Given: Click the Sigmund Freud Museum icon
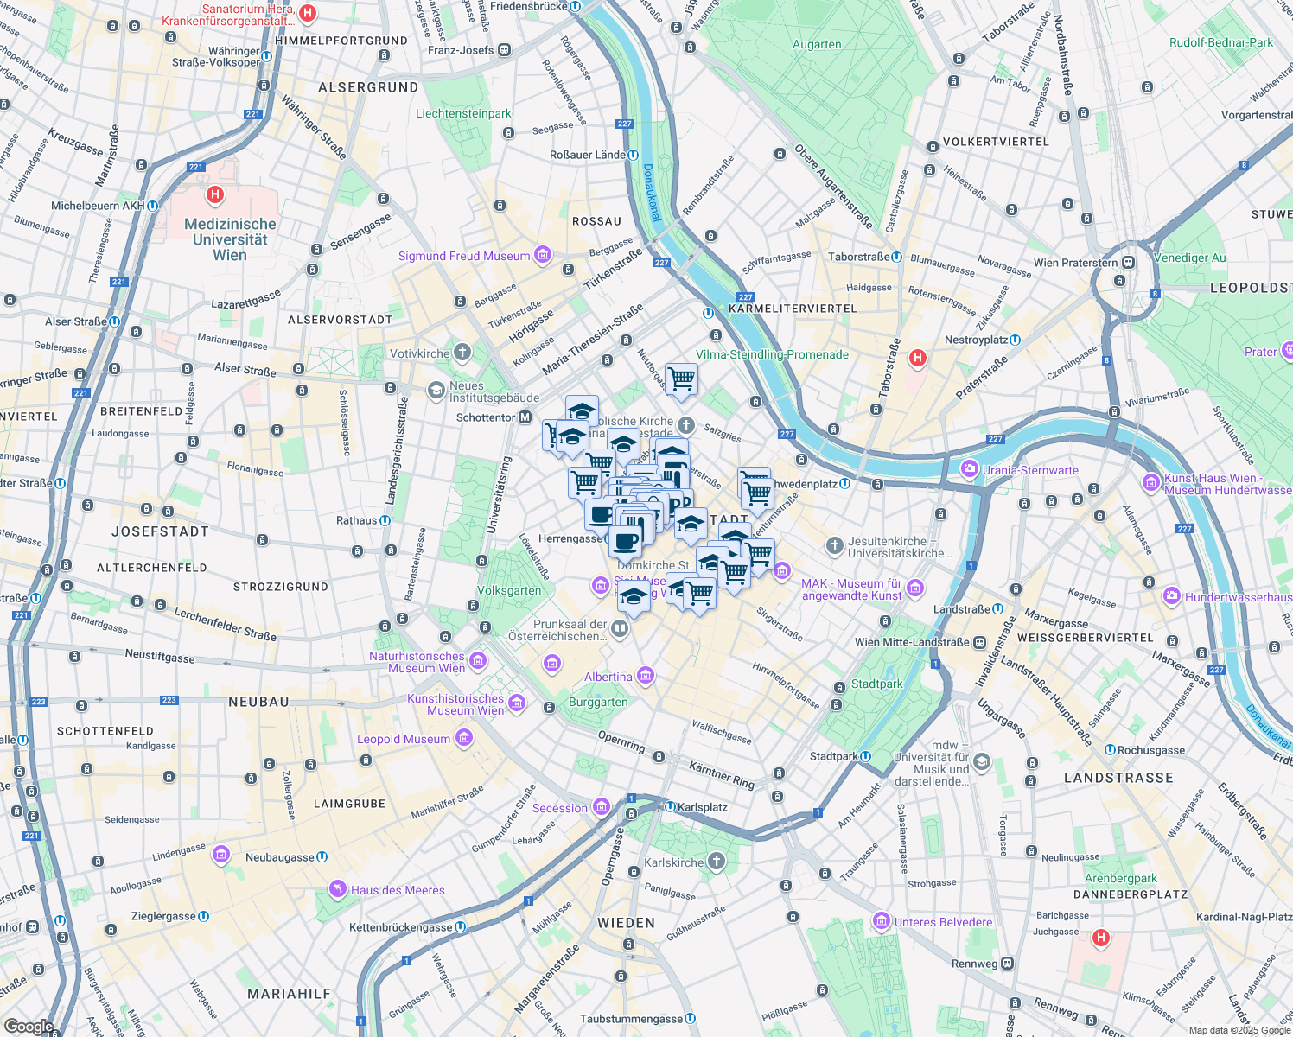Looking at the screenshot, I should click(543, 255).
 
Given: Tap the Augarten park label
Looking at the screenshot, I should click(816, 44).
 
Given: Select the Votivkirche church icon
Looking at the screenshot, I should click(462, 353).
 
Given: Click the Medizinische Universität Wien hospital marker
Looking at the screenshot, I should click(214, 195).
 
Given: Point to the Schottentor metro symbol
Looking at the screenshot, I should click(525, 417).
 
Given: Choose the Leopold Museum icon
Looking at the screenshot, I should click(464, 738).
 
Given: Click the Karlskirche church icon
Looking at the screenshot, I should click(717, 862).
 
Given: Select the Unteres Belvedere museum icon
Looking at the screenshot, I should click(881, 921).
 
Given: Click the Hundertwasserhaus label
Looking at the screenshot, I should click(1238, 597).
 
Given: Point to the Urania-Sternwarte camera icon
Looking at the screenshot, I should click(970, 469).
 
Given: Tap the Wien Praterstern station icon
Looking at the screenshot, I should click(1129, 263).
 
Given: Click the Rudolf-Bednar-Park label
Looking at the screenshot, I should click(1220, 42).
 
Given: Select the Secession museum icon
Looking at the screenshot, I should click(602, 807).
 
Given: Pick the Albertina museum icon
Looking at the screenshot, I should click(646, 676).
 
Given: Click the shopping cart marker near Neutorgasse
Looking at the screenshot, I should click(681, 379).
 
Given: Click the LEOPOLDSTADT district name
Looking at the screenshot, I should click(1251, 288).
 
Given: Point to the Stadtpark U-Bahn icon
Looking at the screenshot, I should click(865, 756).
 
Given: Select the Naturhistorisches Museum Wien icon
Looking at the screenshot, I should click(478, 661).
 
